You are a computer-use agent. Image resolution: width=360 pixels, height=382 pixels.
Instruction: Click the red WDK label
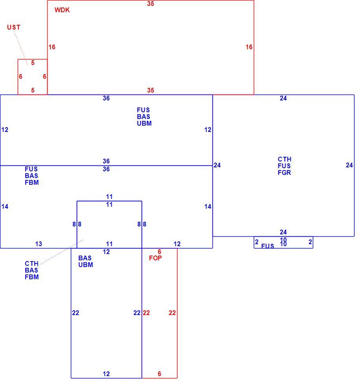62,10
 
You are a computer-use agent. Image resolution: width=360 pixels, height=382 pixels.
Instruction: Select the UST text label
14,27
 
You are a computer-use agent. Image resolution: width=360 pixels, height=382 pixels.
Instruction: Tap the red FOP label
155,258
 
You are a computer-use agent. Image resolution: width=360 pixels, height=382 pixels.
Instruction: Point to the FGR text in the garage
284,172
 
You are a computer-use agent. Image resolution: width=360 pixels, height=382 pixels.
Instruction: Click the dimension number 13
39,244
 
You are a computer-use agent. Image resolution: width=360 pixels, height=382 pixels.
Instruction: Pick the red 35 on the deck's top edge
151,4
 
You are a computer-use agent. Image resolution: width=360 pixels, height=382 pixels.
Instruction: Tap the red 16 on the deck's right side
249,47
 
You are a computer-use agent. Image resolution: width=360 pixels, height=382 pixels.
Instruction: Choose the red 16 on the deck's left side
52,47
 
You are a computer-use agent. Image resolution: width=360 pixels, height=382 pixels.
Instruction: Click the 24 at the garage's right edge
349,165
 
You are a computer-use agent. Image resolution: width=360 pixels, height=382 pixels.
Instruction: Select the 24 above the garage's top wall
283,98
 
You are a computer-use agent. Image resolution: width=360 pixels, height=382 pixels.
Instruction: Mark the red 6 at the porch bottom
159,374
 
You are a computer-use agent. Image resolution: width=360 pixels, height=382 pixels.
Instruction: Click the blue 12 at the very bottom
106,374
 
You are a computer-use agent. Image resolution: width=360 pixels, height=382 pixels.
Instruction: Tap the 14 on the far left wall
5,207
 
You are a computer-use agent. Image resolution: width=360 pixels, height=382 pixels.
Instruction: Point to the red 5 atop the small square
33,63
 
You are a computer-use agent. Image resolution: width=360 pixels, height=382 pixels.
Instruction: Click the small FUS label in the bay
268,246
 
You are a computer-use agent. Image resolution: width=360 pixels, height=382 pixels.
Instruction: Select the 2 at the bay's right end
310,242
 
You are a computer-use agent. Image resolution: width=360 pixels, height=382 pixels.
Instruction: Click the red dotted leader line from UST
21,48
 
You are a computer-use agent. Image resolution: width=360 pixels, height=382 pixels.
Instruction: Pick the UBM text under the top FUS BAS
144,123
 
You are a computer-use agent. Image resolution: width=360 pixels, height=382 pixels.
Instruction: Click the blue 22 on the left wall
76,313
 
